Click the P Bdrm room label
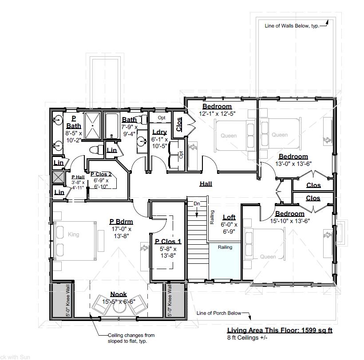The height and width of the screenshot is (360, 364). point(121,222)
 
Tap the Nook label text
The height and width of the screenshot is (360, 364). point(119,294)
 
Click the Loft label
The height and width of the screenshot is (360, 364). point(229,217)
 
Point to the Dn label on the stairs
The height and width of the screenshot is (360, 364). point(197,203)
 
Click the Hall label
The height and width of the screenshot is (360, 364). point(206,184)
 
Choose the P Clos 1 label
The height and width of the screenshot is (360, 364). point(168,242)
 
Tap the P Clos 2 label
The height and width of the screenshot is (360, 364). point(101,174)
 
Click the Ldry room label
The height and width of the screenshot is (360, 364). point(159,132)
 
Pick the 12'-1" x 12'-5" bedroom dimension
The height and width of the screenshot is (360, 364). point(217,113)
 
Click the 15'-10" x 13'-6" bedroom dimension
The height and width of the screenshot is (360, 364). point(290,220)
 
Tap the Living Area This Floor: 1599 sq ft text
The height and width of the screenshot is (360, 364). point(280,330)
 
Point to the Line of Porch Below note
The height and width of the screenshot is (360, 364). point(219,313)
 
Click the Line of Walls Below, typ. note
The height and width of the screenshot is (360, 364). point(292,26)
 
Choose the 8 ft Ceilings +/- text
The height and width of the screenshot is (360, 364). point(247,337)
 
